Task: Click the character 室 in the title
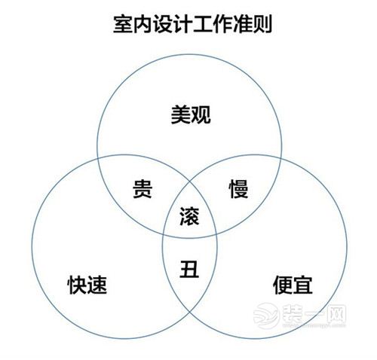pyautogui.click(x=123, y=24)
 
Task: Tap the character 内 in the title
pyautogui.click(x=143, y=24)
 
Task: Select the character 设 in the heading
pyautogui.click(x=163, y=24)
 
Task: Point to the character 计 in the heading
pyautogui.click(x=182, y=24)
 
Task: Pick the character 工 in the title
pyautogui.click(x=203, y=24)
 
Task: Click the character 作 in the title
pyautogui.click(x=222, y=24)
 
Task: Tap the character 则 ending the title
pyautogui.click(x=262, y=24)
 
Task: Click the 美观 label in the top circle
pyautogui.click(x=191, y=114)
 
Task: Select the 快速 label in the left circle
pyautogui.click(x=87, y=285)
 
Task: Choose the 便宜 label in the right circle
pyautogui.click(x=293, y=285)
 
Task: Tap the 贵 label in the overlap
pyautogui.click(x=143, y=189)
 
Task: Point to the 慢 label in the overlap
pyautogui.click(x=238, y=189)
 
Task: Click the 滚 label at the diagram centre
pyautogui.click(x=189, y=216)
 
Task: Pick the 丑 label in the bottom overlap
pyautogui.click(x=189, y=269)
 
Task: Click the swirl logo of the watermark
pyautogui.click(x=266, y=316)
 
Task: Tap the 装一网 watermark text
pyautogui.click(x=314, y=314)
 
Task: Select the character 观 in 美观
pyautogui.click(x=201, y=114)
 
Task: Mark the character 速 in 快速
pyautogui.click(x=97, y=285)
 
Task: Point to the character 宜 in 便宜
pyautogui.click(x=303, y=285)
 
